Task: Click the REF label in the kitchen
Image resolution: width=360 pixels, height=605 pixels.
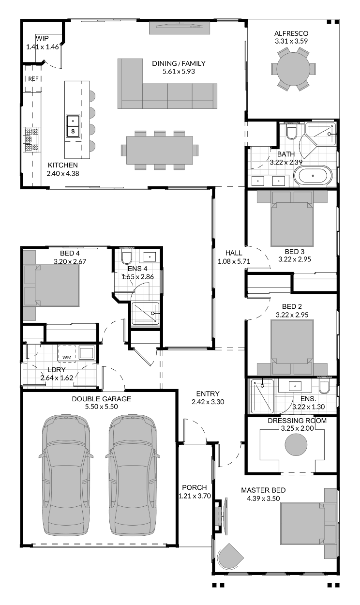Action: (x=33, y=78)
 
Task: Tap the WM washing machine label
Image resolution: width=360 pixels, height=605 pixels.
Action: (x=66, y=357)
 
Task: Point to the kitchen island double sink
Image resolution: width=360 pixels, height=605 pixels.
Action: (x=73, y=126)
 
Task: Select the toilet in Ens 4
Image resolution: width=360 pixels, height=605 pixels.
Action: (x=127, y=256)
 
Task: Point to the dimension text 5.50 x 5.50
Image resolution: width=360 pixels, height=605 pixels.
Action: (x=102, y=407)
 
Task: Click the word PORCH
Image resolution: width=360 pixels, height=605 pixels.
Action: (x=194, y=487)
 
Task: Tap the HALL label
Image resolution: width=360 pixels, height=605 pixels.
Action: (x=234, y=253)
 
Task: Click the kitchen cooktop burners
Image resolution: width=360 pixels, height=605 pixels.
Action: (x=32, y=139)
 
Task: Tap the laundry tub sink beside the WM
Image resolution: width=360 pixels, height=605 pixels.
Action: (x=87, y=352)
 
